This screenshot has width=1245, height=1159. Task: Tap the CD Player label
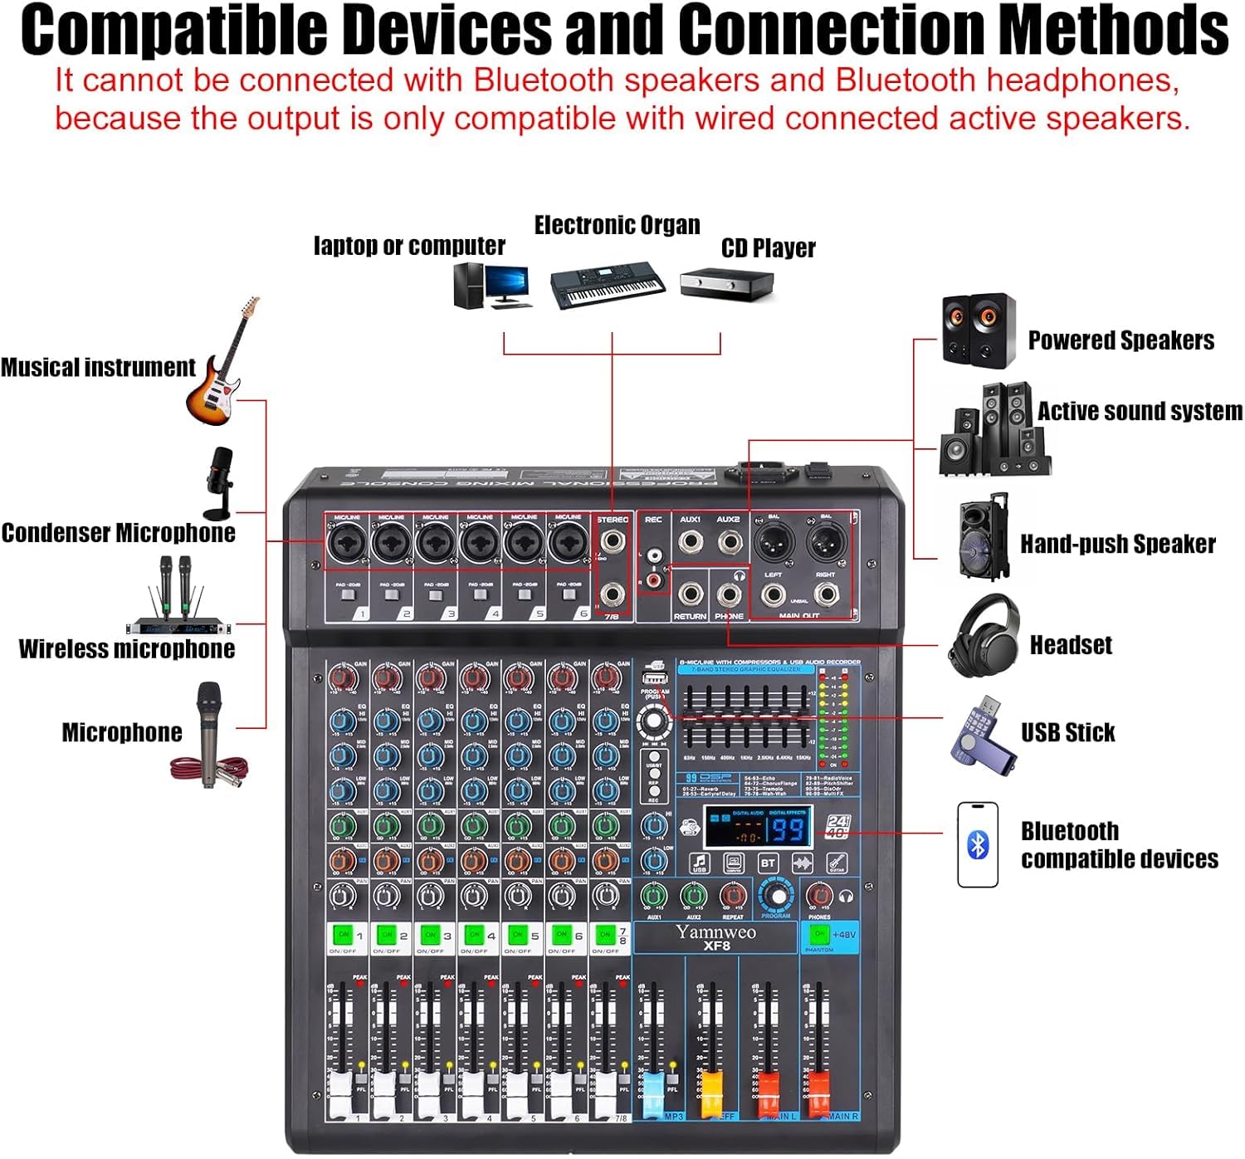(768, 248)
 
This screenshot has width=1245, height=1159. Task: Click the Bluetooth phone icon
(978, 845)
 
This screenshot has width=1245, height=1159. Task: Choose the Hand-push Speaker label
(1117, 544)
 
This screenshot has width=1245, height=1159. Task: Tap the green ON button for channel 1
(343, 935)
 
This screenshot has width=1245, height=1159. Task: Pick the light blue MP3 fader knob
(654, 1083)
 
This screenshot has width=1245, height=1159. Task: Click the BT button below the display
(768, 863)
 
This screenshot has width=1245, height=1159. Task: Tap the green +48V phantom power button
(818, 934)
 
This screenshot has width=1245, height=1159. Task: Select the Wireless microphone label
(127, 648)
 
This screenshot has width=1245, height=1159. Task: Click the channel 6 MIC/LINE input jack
(568, 544)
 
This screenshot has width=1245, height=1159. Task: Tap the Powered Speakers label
(1120, 340)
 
